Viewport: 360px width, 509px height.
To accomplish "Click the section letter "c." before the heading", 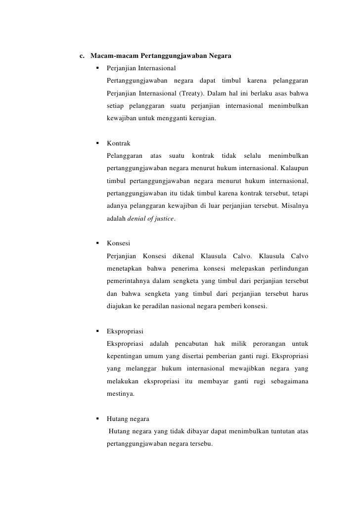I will (83, 55).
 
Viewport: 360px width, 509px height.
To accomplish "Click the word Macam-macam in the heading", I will (111, 55).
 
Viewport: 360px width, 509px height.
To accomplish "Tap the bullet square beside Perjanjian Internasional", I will (97, 67).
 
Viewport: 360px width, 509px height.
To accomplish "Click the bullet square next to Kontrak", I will (97, 143).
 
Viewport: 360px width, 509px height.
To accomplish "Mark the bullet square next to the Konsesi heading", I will (97, 243).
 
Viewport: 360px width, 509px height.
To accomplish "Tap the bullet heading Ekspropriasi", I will (125, 331).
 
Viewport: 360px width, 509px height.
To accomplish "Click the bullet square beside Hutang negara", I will (97, 419).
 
